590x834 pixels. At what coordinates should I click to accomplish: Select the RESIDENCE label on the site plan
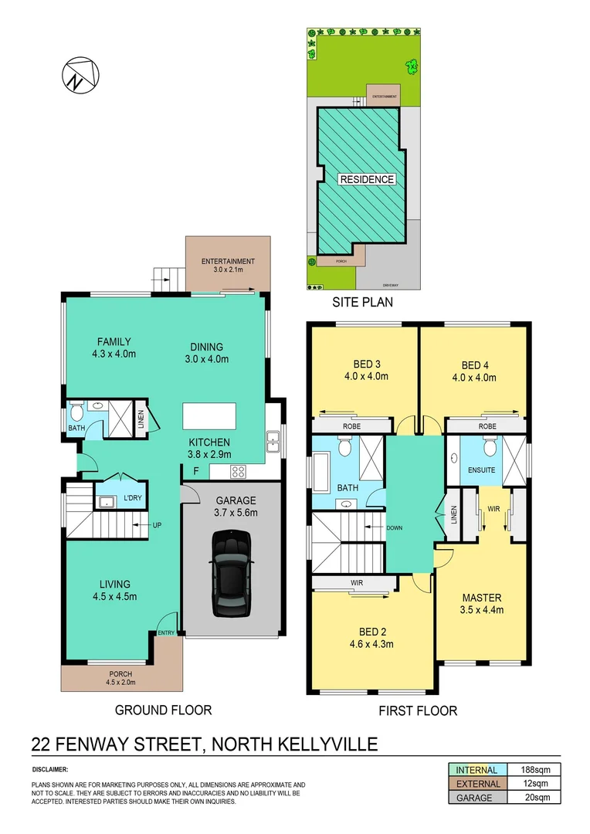pos(367,179)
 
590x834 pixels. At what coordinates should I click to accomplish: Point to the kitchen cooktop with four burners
pos(239,473)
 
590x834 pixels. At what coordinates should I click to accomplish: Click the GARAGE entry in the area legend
pos(474,798)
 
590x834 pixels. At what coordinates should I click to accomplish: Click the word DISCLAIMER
pos(50,770)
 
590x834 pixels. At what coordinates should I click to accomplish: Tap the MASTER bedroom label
pos(482,598)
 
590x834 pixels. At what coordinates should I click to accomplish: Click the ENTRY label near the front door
pos(166,633)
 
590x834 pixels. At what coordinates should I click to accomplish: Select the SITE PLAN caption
pos(363,302)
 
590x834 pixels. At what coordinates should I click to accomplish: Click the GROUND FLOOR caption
pos(163,710)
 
